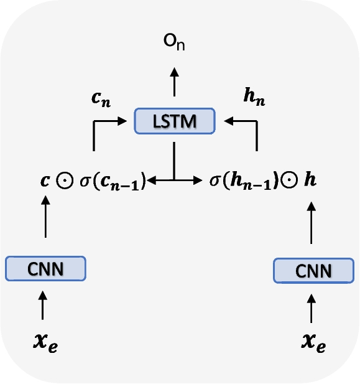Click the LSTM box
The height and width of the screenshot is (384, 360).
point(174,121)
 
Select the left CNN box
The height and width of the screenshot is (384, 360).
point(45,268)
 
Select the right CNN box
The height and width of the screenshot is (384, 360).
point(313,271)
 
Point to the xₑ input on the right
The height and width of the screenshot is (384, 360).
point(313,343)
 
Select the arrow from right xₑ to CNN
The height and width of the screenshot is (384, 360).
point(313,307)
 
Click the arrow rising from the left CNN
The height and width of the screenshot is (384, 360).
point(45,218)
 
